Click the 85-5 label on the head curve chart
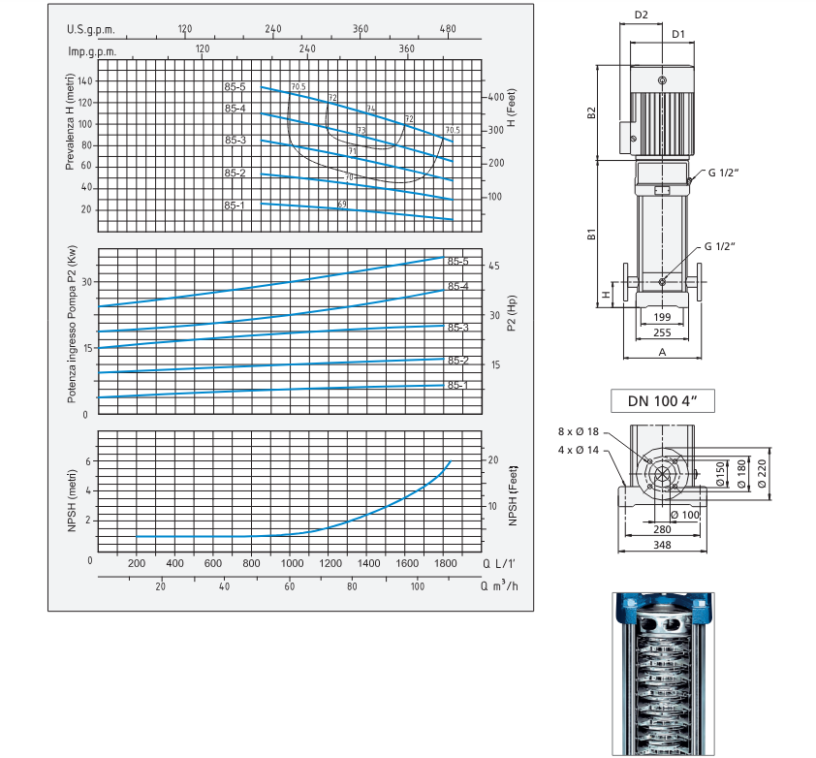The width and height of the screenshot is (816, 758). pos(235,87)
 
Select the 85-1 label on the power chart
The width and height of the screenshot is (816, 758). pos(458,385)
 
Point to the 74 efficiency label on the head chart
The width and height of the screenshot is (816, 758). pos(371,109)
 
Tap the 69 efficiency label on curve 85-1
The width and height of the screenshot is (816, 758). pos(342,205)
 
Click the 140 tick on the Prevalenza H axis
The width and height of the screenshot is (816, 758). pos(85,81)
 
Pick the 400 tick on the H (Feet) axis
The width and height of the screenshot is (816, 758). pos(496,97)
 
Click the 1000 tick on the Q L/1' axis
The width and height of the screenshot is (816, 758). pos(292,563)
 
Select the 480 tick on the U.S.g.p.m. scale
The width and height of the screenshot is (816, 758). pos(448,29)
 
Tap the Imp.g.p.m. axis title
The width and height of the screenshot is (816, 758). pos(92,51)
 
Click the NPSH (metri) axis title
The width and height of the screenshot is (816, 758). pos(72,501)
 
